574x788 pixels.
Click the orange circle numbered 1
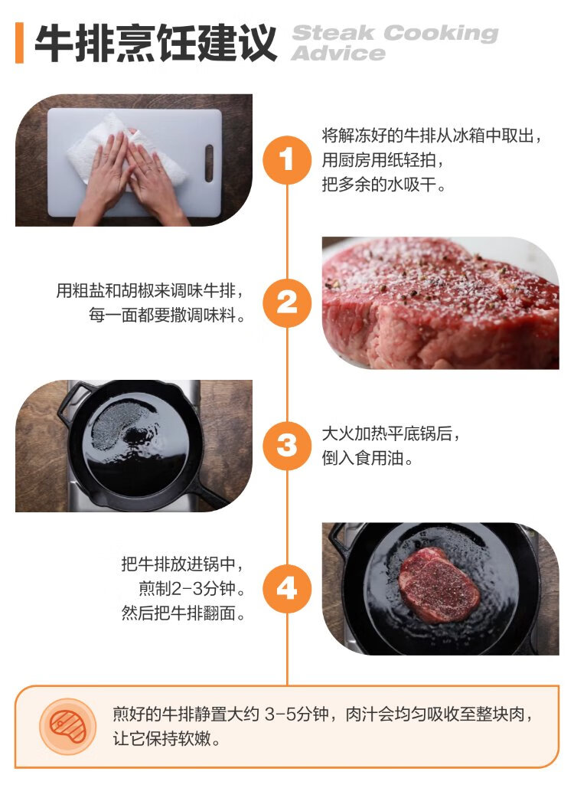[287, 160]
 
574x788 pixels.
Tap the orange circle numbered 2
[287, 303]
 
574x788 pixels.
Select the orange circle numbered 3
[287, 446]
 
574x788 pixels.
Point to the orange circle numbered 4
[287, 588]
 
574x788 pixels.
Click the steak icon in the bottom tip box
[68, 727]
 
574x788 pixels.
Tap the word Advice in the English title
[338, 54]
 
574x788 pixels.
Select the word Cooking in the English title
[441, 34]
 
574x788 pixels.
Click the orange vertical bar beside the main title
[20, 43]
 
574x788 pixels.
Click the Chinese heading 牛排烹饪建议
[155, 43]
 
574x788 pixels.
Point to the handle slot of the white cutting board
[209, 163]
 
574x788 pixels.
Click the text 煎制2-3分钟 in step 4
[187, 588]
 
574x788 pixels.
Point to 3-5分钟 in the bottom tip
[297, 714]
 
